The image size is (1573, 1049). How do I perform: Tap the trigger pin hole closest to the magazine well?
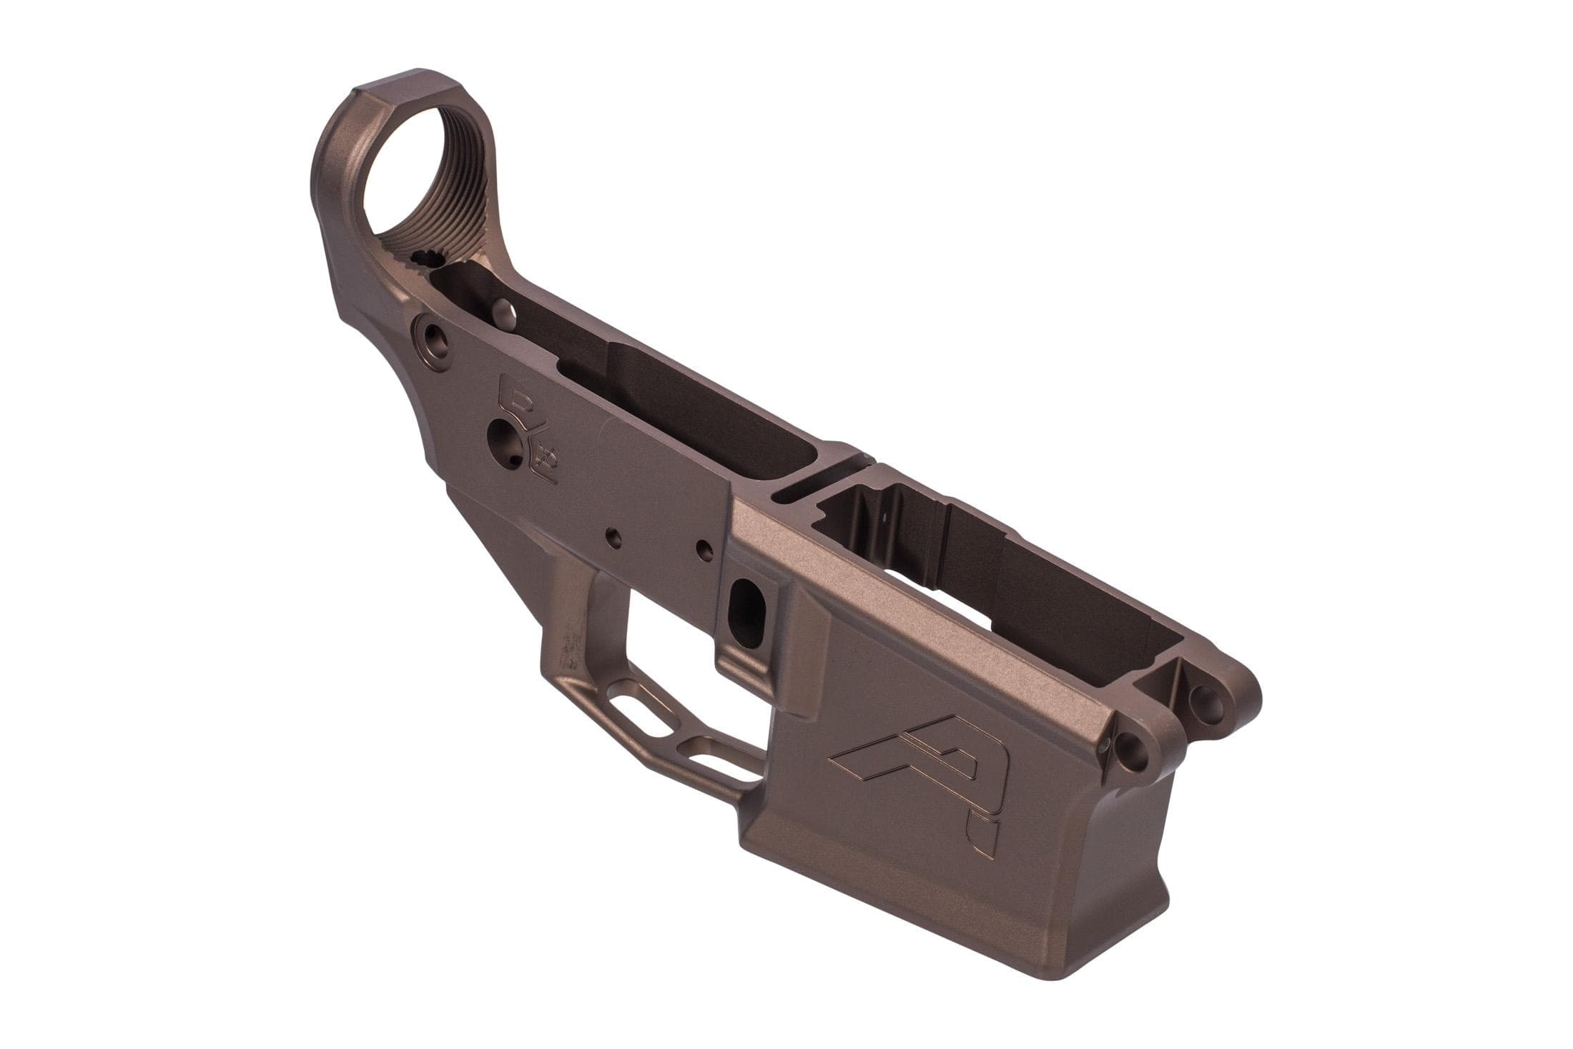pyautogui.click(x=704, y=549)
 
